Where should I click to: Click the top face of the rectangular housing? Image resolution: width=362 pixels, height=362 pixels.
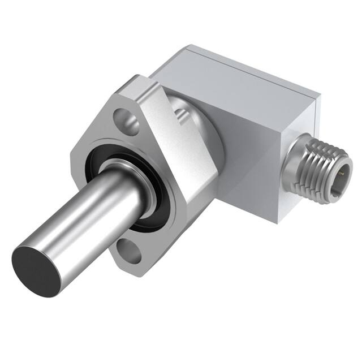238,74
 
